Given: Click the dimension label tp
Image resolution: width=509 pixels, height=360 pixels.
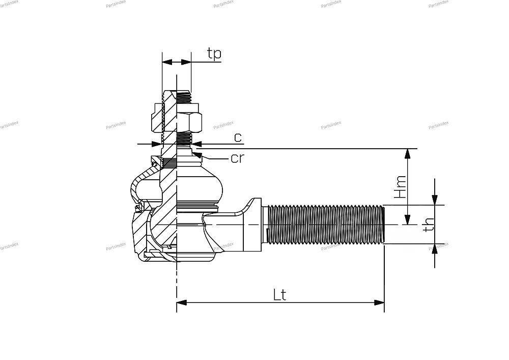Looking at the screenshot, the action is point(214,53).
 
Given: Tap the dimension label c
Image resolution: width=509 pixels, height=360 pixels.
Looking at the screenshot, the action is point(238,137).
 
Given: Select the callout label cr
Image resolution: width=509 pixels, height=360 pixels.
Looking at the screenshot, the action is point(237,158).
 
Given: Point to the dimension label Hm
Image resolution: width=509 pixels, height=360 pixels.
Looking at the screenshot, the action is point(400,187).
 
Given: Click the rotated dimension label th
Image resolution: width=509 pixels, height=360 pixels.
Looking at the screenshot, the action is point(429,225).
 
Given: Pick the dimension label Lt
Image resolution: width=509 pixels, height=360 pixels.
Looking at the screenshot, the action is point(280,295).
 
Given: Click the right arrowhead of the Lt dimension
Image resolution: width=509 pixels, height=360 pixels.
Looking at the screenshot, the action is point(379,302).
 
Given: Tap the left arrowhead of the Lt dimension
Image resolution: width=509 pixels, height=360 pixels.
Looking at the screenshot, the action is point(182,302).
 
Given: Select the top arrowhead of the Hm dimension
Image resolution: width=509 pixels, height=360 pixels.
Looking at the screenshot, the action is point(408,154).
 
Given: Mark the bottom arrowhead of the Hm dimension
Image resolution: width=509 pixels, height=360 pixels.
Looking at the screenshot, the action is point(408,219).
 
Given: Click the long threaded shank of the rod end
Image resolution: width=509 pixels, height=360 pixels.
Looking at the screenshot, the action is point(326,225).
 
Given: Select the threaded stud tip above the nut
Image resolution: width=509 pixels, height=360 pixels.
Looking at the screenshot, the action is point(184,97).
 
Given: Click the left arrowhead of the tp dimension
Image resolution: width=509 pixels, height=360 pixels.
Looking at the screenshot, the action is point(167,62).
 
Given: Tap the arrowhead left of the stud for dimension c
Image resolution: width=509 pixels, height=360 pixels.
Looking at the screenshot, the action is point(156,144).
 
